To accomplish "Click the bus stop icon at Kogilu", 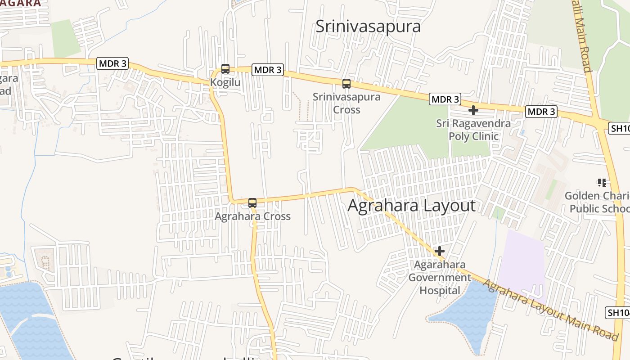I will click(x=225, y=69).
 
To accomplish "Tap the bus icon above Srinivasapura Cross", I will click(x=346, y=83).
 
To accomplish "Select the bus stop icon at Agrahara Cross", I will click(x=252, y=202).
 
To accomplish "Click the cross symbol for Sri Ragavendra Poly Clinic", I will click(x=473, y=110).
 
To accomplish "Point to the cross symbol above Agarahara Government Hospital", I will click(x=439, y=251).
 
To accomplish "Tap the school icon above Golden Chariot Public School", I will click(x=602, y=182).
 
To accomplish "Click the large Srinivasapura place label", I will click(x=368, y=26).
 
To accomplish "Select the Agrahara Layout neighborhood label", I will click(x=411, y=206).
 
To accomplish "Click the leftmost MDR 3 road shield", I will click(x=112, y=63).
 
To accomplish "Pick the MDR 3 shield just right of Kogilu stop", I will click(x=267, y=70).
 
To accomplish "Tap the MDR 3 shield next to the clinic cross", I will click(x=445, y=99).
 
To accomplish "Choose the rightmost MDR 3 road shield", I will click(x=541, y=112).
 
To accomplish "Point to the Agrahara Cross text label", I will click(x=252, y=216).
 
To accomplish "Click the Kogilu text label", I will click(x=225, y=83).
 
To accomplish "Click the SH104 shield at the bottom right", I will click(x=618, y=313).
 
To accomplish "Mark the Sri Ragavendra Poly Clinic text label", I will click(x=473, y=130).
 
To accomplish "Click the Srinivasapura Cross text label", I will click(x=346, y=103).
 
